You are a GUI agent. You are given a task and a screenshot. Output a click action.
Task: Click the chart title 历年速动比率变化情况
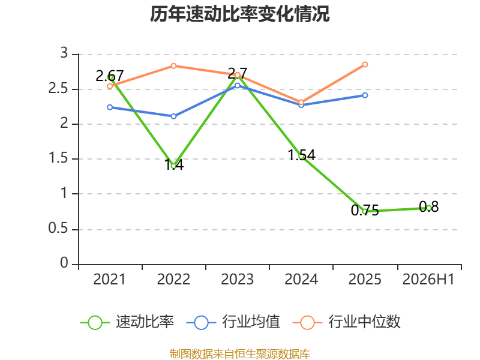tap(239, 14)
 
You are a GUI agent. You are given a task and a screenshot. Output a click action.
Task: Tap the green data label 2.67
tap(110, 76)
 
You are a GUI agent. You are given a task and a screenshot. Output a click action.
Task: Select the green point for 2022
tap(173, 166)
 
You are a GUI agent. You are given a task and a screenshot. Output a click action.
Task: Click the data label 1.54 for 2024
tap(302, 155)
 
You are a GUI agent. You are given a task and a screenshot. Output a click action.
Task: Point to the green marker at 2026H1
tap(428, 208)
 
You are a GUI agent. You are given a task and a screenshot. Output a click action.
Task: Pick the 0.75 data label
tap(365, 211)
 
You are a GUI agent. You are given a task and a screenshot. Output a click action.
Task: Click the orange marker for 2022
tap(173, 66)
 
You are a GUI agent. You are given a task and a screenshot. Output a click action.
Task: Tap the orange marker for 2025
tap(365, 65)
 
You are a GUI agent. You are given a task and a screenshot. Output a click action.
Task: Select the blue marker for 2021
tap(110, 107)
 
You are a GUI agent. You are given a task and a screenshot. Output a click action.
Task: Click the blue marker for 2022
tap(173, 116)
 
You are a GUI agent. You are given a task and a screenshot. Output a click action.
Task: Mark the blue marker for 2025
tap(365, 95)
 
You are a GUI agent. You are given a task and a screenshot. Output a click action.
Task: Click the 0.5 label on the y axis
tap(58, 229)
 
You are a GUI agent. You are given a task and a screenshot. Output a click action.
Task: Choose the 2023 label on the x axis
tap(237, 280)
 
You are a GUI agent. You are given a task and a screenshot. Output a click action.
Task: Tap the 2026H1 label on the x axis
tap(428, 280)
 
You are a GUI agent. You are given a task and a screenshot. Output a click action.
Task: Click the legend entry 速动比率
tap(127, 322)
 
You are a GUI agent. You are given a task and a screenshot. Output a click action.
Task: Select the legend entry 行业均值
tap(233, 322)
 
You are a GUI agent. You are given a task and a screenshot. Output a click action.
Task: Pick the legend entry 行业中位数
tap(347, 322)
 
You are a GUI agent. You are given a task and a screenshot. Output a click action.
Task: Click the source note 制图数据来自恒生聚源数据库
tap(240, 354)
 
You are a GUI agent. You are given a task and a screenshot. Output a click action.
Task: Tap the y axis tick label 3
tap(64, 53)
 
